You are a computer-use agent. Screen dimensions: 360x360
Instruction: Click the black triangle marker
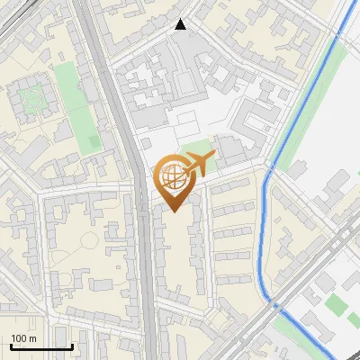(x=181, y=24)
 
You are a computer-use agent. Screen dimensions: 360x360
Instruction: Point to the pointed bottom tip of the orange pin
(x=172, y=211)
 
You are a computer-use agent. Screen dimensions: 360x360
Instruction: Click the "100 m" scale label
(x=23, y=339)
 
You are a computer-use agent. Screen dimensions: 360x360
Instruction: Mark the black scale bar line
(x=41, y=347)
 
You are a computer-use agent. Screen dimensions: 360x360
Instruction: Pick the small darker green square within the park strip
(x=94, y=142)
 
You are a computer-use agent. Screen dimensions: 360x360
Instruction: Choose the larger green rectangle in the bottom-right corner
(x=336, y=306)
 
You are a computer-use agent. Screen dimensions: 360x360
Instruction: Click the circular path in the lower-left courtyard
(x=87, y=242)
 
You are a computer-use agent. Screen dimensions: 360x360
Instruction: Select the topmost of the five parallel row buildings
(x=229, y=186)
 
